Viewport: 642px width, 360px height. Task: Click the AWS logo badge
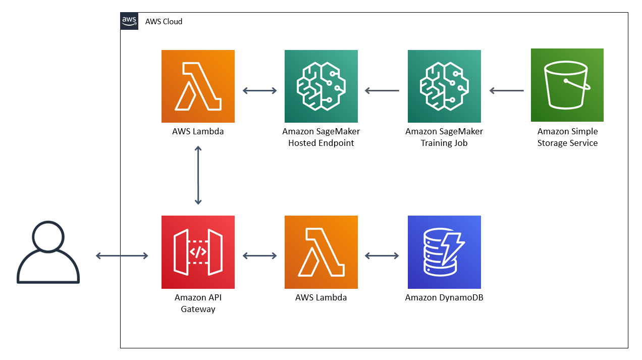coord(129,21)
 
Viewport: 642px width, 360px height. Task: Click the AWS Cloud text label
coord(164,22)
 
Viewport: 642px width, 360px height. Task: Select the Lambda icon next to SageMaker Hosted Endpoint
coord(198,86)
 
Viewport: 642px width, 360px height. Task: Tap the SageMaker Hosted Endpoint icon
coord(321,86)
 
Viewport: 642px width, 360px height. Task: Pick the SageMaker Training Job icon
coord(444,86)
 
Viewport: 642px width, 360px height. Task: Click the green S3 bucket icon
coord(567,85)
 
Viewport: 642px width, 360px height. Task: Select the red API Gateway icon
coord(198,252)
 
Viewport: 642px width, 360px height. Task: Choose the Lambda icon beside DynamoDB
coord(321,252)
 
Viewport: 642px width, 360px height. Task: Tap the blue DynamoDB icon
coord(444,252)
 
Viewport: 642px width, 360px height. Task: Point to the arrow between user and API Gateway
coord(122,255)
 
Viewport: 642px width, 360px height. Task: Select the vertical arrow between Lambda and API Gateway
coord(198,175)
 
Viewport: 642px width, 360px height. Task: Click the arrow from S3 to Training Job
coord(507,90)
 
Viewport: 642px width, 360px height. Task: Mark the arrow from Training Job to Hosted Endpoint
coord(382,90)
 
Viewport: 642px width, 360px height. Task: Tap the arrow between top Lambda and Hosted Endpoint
coord(259,90)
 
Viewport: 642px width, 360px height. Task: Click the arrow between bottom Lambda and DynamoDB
coord(382,255)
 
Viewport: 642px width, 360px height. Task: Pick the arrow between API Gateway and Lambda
coord(259,255)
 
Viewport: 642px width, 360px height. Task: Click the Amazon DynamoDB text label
coord(444,297)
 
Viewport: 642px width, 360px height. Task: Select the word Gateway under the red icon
coord(198,310)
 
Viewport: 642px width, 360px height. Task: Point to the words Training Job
coord(444,143)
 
